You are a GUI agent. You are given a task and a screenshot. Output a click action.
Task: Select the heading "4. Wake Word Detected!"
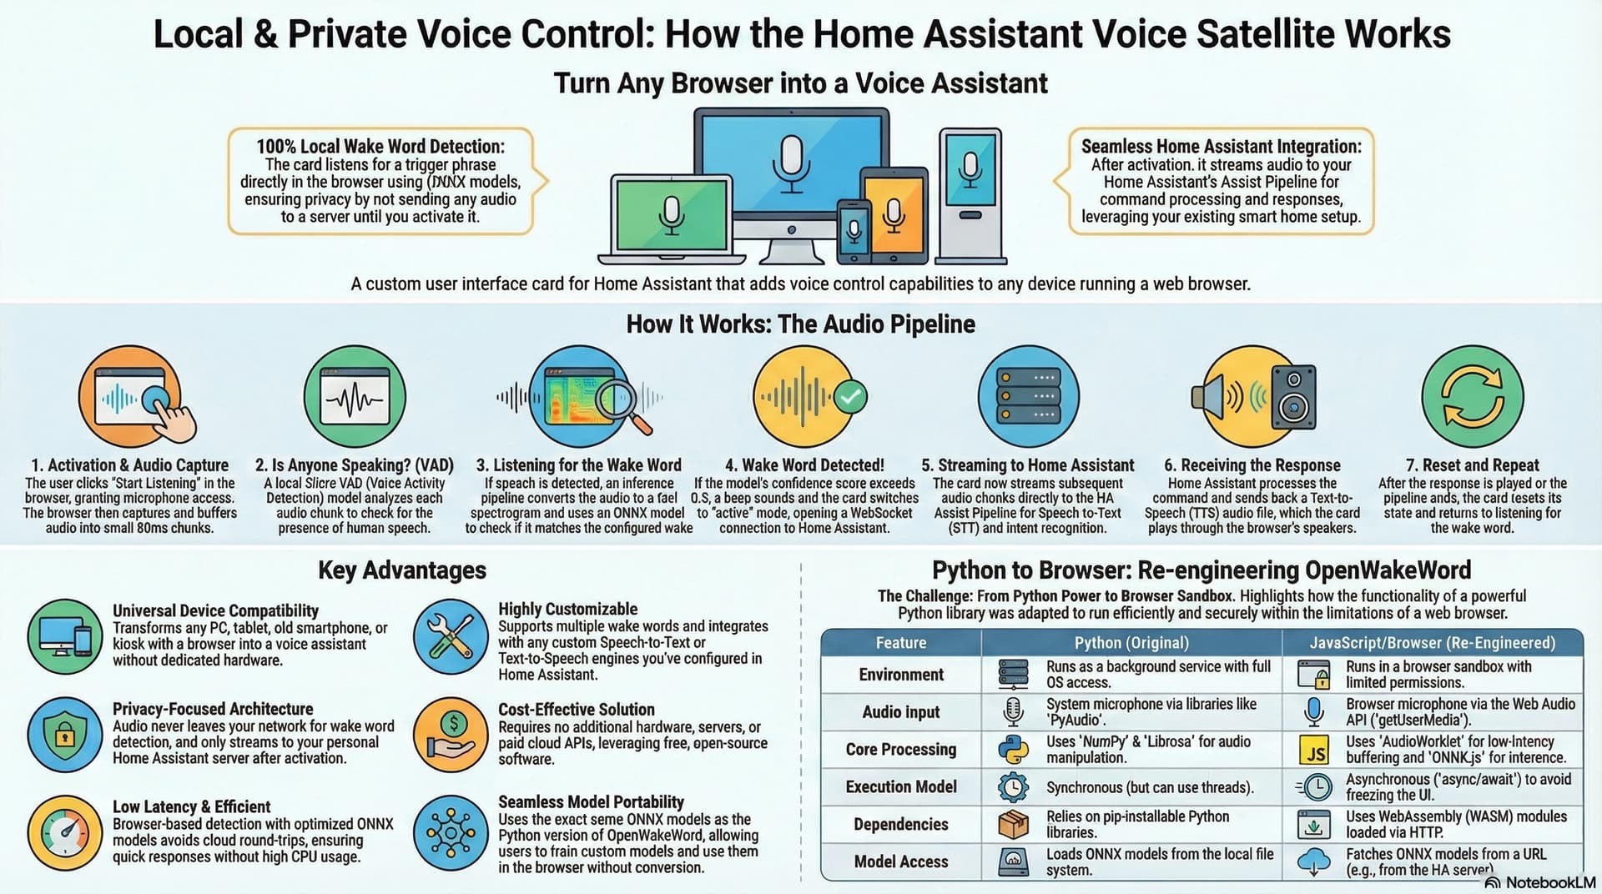804,465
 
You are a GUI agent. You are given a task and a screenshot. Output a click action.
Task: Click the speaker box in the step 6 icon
1293,398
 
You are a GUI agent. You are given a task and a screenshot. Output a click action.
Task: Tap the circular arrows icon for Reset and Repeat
1472,397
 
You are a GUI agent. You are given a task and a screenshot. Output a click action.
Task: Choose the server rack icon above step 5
1028,397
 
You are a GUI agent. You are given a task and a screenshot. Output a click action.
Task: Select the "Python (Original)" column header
1131,643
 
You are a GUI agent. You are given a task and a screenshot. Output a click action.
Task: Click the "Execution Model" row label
901,787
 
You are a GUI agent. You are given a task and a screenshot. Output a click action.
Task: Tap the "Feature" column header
900,643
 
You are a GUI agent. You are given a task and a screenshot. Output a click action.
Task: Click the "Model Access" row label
901,861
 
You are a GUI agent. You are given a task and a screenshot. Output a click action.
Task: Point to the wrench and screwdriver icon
451,636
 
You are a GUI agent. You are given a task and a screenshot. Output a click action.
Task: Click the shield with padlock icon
65,734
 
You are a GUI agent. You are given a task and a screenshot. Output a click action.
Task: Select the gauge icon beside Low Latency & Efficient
65,832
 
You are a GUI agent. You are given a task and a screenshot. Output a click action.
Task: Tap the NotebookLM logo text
1549,882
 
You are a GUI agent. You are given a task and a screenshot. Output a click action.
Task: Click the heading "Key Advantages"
402,570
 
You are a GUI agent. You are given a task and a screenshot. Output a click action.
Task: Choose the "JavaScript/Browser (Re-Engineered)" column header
1432,643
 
